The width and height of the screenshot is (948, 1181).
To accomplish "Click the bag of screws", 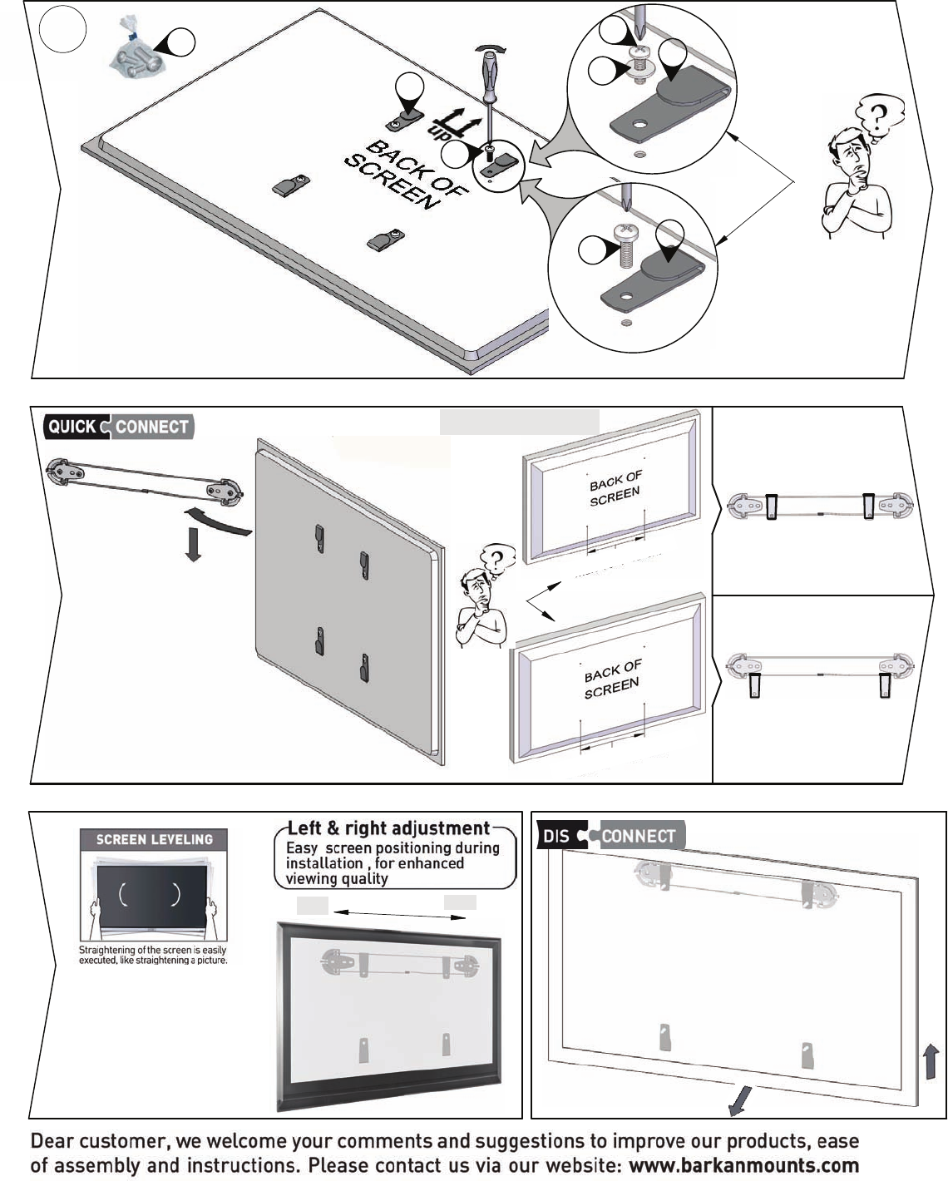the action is [136, 48].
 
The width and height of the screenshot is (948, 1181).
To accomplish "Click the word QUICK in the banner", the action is [72, 427].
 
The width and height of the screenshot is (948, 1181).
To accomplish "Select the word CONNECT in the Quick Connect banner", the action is [152, 427].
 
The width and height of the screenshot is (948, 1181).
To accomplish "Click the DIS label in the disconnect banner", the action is [555, 837].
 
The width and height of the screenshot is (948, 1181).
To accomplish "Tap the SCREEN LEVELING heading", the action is [154, 839].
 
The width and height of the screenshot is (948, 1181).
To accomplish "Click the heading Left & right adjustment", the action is [388, 828].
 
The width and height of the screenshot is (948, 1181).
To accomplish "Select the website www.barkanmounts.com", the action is [743, 1164].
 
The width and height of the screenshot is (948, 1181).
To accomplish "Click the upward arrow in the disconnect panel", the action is [931, 1061].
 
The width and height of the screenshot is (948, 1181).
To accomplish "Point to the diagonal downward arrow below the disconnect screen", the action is [739, 1100].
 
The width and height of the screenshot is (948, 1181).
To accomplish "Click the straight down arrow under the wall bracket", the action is [193, 545].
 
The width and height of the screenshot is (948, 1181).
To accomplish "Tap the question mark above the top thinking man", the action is [877, 116].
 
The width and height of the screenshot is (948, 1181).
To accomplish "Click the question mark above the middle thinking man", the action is [496, 559].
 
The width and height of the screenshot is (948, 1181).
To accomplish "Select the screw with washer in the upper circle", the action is [639, 65].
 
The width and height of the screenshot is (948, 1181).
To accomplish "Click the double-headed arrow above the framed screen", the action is [399, 914].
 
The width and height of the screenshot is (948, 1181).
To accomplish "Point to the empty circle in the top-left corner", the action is [63, 29].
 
